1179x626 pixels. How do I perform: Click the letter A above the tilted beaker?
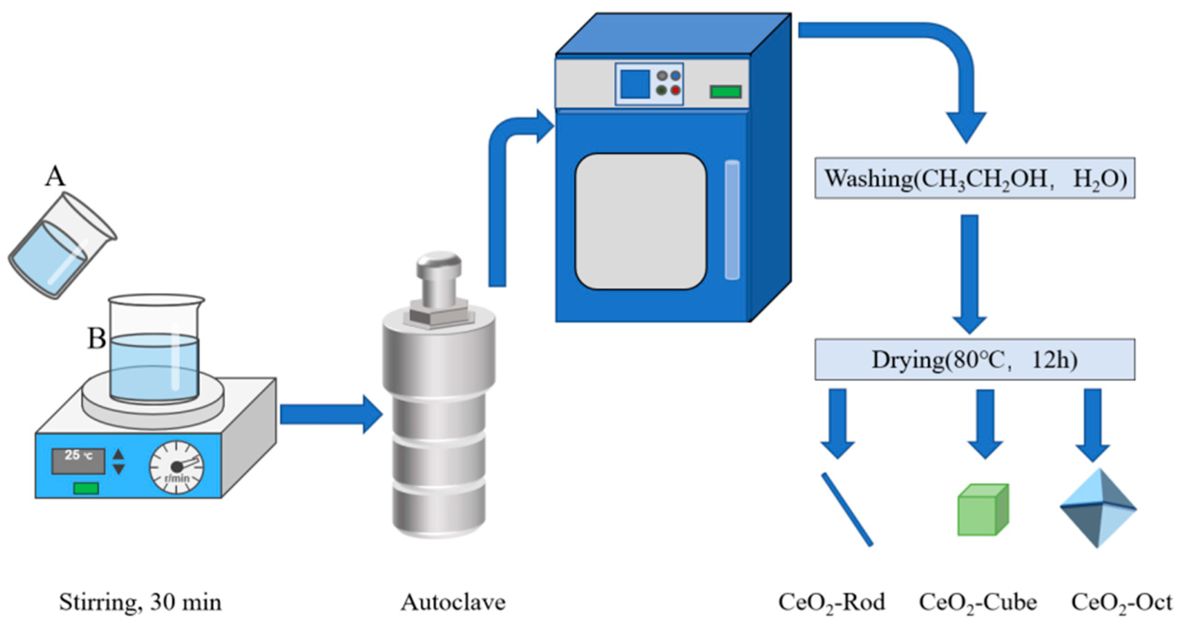55,177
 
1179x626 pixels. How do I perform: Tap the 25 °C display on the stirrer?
78,460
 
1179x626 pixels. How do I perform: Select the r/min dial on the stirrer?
177,467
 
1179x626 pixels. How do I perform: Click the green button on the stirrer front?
86,488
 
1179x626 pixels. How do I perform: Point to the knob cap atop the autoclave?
438,265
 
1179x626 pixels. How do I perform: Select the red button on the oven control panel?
675,90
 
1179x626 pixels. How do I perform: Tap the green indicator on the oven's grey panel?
725,91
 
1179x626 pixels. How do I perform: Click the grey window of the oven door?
640,221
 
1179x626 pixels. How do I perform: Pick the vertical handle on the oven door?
732,220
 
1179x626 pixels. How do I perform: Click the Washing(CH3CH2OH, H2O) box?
974,179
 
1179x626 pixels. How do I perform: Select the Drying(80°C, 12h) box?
974,360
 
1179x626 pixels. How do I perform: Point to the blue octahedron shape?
1098,508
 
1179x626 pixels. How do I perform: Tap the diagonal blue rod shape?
847,509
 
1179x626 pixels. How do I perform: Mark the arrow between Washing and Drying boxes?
970,272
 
